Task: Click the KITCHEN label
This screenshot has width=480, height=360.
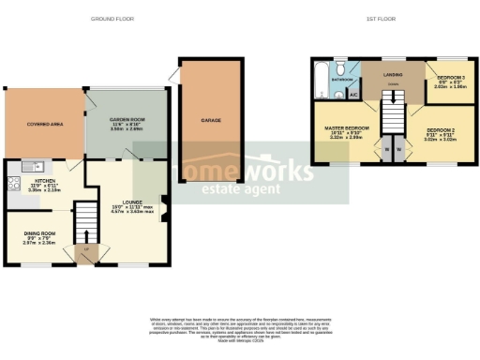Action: point(45,183)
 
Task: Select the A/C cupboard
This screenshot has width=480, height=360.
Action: point(353,95)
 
